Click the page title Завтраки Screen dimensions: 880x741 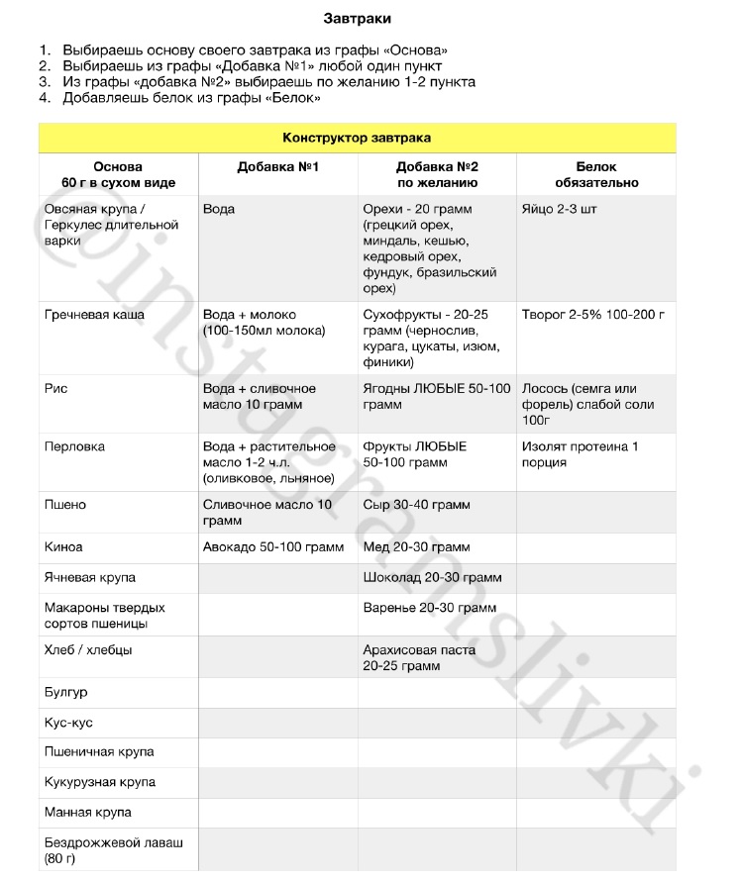(x=363, y=18)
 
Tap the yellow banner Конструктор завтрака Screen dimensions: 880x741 (x=357, y=138)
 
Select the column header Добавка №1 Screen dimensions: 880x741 (x=277, y=167)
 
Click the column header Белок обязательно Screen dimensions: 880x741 (x=595, y=175)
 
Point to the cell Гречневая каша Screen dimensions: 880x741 (x=95, y=315)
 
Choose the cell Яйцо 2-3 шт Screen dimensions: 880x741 (x=560, y=210)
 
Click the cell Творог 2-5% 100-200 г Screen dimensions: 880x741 (x=592, y=315)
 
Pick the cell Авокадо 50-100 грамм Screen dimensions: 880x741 (x=273, y=546)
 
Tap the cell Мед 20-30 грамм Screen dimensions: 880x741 (x=416, y=546)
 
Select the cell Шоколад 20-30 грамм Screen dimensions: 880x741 (x=432, y=577)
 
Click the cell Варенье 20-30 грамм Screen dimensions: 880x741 (x=429, y=608)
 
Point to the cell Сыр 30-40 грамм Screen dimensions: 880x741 (x=416, y=505)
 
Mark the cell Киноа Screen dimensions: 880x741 (x=64, y=546)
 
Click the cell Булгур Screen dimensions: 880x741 (x=66, y=692)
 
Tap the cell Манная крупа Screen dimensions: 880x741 (x=88, y=812)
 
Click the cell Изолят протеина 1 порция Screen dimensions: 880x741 (x=581, y=454)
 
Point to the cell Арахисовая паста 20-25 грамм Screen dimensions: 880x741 (x=419, y=658)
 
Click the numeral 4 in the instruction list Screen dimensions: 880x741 (x=44, y=98)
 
